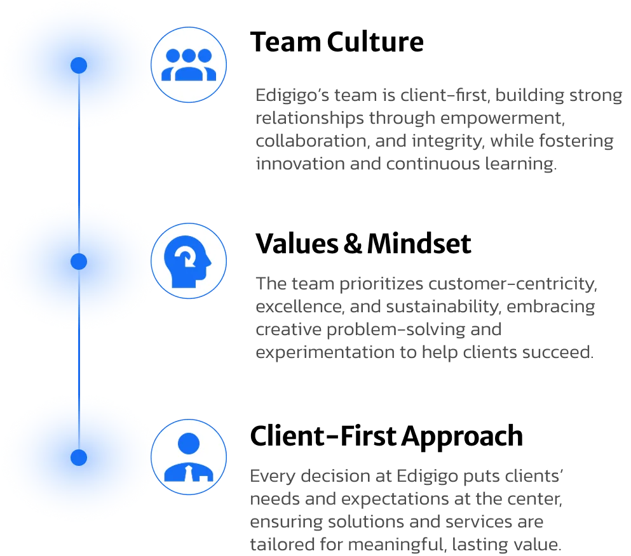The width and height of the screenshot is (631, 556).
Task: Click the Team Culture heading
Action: tap(337, 42)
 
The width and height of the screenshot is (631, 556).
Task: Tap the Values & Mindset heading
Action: tap(363, 244)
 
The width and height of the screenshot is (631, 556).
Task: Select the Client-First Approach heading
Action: tap(386, 437)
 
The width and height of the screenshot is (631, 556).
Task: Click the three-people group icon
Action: tap(189, 65)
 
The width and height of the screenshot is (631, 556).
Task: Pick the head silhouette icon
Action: tap(187, 261)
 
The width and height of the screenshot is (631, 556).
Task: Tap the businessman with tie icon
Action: tap(189, 457)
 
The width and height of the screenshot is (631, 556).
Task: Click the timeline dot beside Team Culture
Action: tap(79, 65)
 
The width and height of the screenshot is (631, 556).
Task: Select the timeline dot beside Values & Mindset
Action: tap(79, 261)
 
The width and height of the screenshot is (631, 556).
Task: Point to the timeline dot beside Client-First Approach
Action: tap(79, 458)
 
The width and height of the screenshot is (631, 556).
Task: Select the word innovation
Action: tap(300, 164)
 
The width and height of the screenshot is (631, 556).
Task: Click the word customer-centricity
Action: tap(513, 284)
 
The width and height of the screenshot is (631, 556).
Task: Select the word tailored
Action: tap(283, 545)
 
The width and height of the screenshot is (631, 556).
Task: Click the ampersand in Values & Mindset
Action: tap(353, 244)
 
